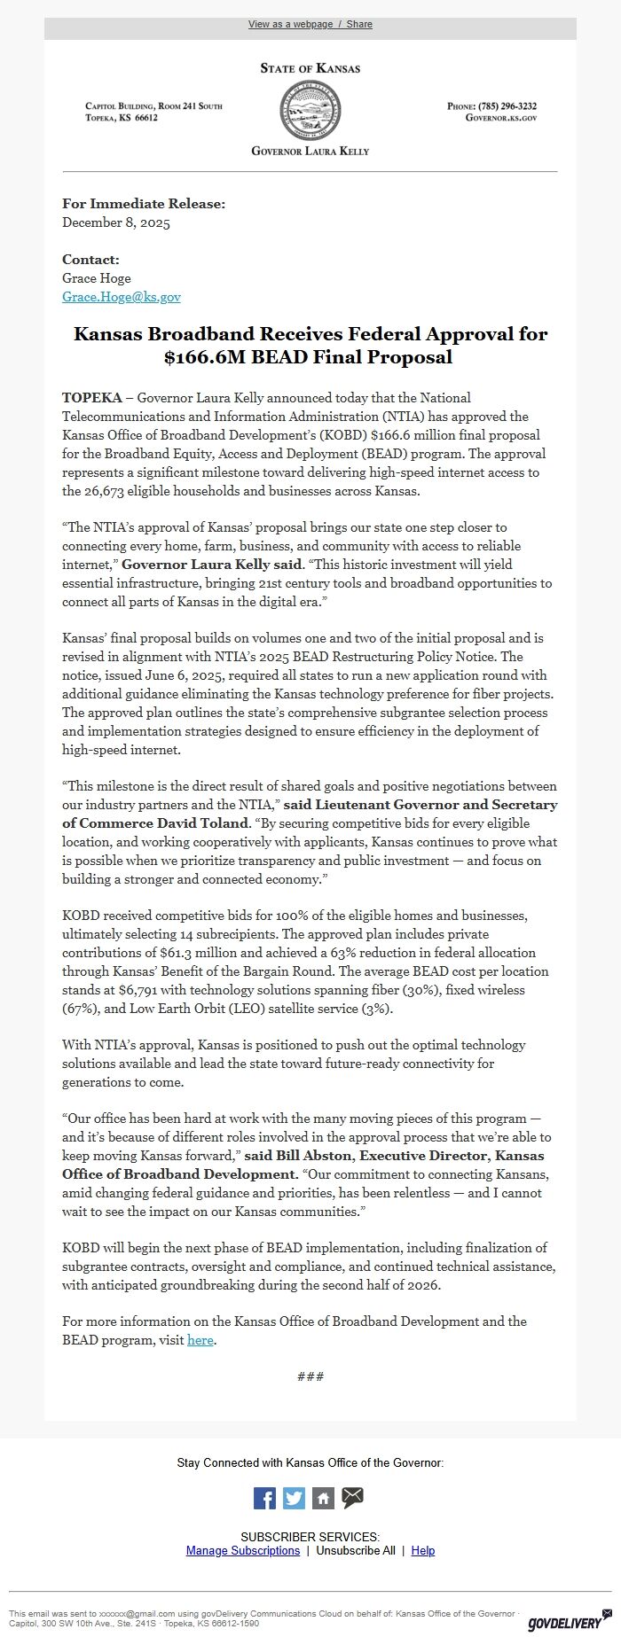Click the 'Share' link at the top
click(359, 24)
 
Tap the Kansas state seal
click(310, 108)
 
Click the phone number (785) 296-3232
click(507, 106)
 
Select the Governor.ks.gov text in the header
click(501, 118)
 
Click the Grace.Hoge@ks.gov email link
click(122, 297)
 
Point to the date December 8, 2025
click(116, 222)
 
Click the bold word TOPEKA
click(92, 397)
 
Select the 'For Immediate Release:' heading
click(144, 204)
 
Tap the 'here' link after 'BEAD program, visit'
click(200, 1340)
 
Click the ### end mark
click(310, 1376)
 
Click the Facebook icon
click(264, 1498)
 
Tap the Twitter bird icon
click(294, 1498)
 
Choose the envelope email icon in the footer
click(352, 1498)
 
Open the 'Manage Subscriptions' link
click(243, 1550)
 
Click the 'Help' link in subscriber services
click(423, 1550)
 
